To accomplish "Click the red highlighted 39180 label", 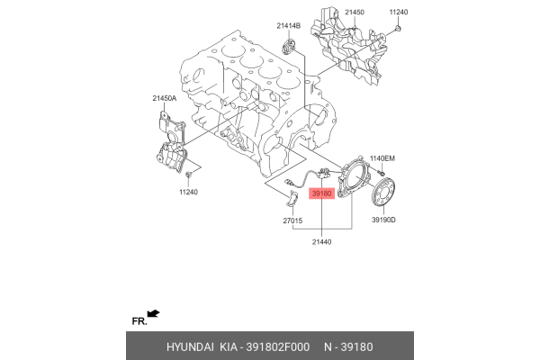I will point(321,193).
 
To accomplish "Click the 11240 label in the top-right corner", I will point(399,13).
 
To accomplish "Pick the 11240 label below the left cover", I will point(188,192).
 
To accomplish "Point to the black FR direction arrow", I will point(154,313).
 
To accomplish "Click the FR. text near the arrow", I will point(139,320).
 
